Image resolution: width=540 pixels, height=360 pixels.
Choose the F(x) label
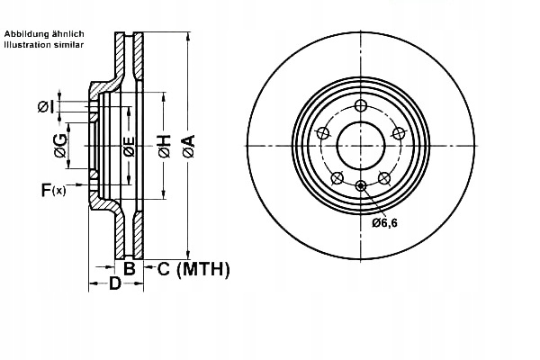tap(52, 190)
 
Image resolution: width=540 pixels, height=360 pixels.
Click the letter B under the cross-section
tap(129, 268)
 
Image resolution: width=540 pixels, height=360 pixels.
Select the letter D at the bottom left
tap(115, 284)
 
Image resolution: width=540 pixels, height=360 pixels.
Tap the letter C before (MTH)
tap(165, 268)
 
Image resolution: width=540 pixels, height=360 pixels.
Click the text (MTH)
tap(202, 268)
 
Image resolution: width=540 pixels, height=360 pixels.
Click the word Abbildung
tap(24, 33)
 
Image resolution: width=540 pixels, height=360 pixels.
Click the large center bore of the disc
tap(360, 145)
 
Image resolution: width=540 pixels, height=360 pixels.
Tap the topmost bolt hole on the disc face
tap(360, 107)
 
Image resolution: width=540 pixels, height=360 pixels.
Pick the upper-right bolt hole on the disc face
tap(396, 133)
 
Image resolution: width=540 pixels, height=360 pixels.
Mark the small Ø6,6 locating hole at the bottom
tap(360, 186)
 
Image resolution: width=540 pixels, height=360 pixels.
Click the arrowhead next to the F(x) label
tap(82, 189)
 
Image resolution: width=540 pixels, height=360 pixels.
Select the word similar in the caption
tap(72, 43)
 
